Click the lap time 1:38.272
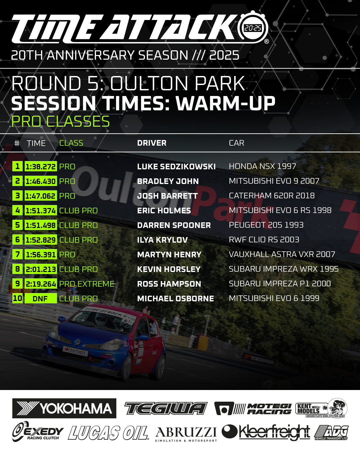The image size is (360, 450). coord(41,166)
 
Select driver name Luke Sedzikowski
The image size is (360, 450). coord(176,167)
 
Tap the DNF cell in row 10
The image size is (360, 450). coord(41,298)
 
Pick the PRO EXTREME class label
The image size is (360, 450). coord(87,284)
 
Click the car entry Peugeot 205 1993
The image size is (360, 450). coord(266,225)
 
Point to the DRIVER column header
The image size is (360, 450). coord(152,143)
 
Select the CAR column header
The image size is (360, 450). coord(236,143)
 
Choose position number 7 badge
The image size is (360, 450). coord(17,254)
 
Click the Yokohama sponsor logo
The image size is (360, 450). coord(64,408)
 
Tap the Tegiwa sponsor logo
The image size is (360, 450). coord(166,408)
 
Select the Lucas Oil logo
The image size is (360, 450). coord(108,433)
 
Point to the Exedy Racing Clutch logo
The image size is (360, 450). coord(38,431)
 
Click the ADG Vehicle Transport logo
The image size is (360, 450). coord(331,432)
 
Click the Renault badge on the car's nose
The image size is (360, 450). coord(77,342)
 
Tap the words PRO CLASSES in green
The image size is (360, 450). coord(60,121)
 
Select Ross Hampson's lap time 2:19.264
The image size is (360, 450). coord(41,284)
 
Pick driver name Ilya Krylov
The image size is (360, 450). coord(162,240)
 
